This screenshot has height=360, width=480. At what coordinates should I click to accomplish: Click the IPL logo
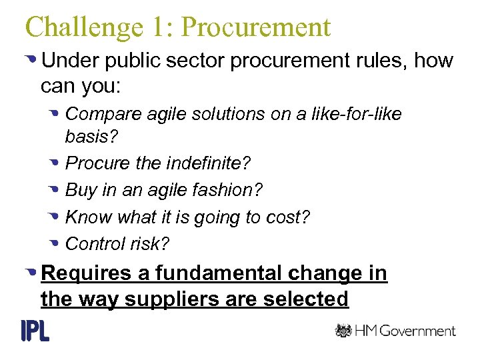[x=35, y=330]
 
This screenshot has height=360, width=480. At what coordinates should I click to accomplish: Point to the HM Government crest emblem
[x=343, y=331]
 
